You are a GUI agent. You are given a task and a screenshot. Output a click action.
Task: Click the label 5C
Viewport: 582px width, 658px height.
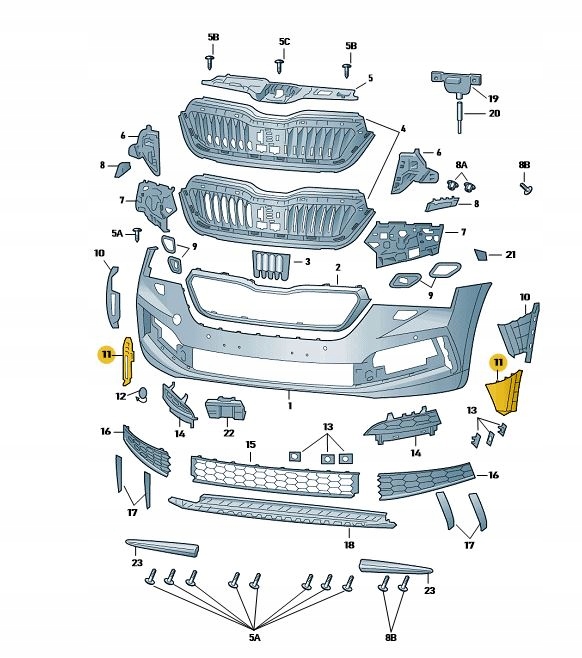(x=284, y=42)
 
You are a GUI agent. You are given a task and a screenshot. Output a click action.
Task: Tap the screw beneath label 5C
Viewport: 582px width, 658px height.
(x=280, y=66)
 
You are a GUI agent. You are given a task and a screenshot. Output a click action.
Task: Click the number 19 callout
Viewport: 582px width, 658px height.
(x=493, y=99)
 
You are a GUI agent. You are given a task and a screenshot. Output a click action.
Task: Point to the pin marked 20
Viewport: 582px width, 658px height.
(x=459, y=116)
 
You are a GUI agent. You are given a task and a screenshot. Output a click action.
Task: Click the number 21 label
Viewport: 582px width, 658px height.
(x=510, y=254)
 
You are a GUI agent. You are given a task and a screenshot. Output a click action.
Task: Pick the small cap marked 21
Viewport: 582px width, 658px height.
(x=480, y=255)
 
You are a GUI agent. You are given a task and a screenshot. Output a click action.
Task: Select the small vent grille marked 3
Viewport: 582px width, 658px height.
(x=270, y=265)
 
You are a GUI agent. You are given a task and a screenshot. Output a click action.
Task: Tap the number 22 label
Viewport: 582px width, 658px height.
(x=229, y=433)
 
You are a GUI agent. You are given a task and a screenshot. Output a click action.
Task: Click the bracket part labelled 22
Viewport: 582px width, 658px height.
(x=225, y=408)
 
